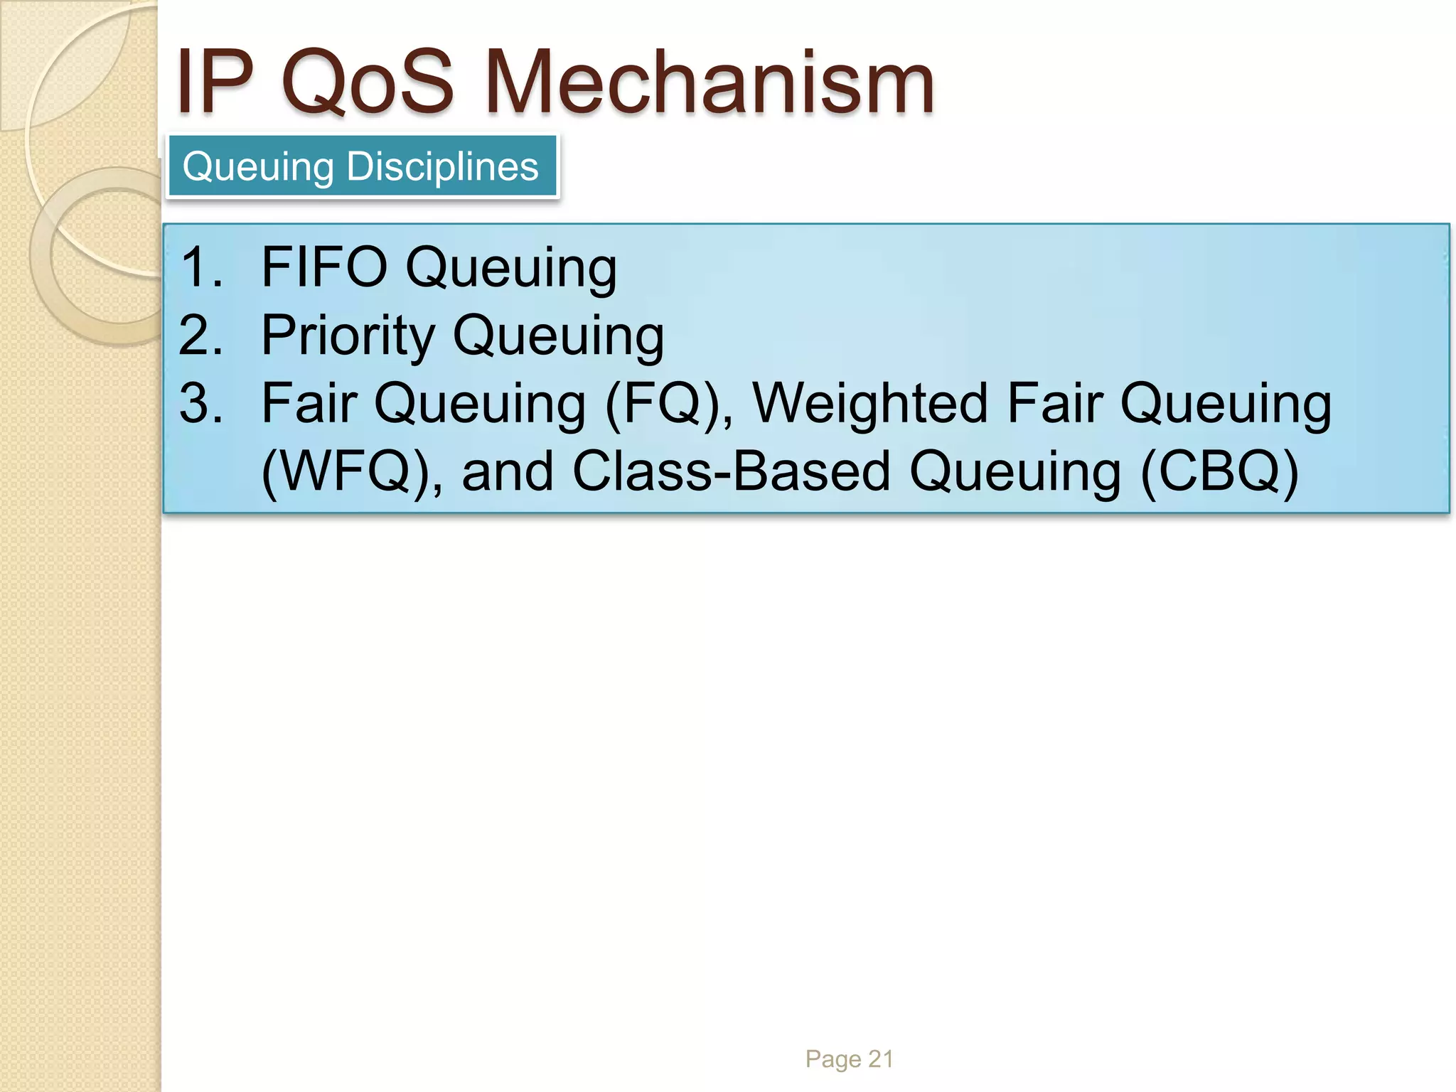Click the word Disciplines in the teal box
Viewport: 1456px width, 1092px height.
pos(442,166)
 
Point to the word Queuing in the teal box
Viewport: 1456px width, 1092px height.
pos(258,168)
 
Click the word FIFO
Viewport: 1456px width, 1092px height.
pos(324,267)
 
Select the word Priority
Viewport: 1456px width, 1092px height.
pos(348,336)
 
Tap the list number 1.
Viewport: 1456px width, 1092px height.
pos(200,267)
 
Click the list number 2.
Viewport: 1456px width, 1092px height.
pos(200,336)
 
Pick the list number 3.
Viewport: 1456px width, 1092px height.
pos(200,403)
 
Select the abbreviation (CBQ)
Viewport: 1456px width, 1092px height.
pos(1220,472)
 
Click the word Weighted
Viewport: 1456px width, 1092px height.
pos(870,403)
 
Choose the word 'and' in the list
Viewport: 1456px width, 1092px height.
pos(507,471)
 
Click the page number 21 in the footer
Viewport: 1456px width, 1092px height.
pos(881,1059)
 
